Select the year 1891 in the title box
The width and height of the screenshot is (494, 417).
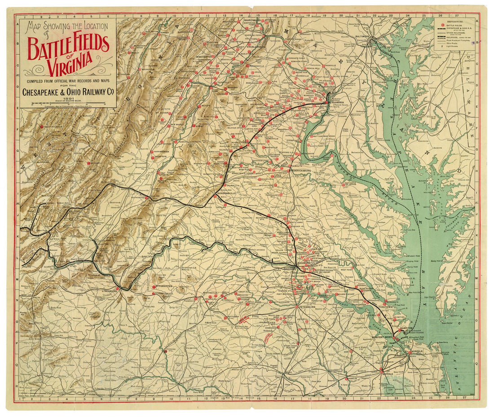[69, 99]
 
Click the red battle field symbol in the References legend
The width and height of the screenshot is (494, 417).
[444, 25]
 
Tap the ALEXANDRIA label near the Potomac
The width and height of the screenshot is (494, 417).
[337, 102]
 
